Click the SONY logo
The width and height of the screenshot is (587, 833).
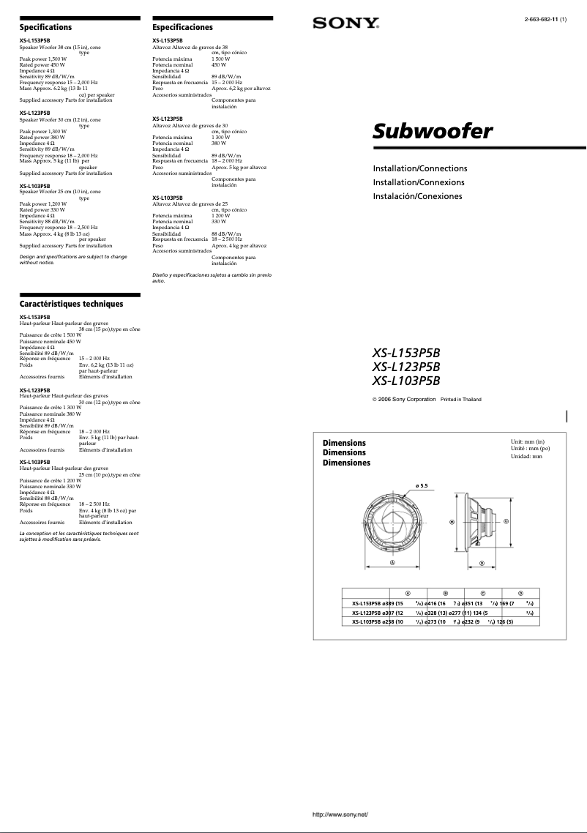tap(345, 23)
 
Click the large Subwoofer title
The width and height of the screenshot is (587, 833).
tap(433, 132)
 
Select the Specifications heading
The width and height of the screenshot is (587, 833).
tap(45, 27)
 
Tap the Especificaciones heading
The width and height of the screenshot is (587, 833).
tap(182, 27)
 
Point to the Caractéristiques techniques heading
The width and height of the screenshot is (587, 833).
tap(71, 304)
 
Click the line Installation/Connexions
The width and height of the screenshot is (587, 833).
tap(419, 182)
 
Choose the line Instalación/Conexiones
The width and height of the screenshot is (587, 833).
tap(417, 196)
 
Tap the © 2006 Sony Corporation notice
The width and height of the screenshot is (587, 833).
tap(404, 399)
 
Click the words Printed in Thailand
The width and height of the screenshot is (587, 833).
tap(460, 399)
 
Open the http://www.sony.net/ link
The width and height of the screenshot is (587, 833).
tap(340, 814)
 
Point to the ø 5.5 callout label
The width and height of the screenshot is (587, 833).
tap(421, 485)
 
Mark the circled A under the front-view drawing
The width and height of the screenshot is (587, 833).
tap(392, 563)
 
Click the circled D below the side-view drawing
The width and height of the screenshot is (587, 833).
tap(482, 563)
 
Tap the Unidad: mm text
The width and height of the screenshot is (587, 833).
tap(526, 456)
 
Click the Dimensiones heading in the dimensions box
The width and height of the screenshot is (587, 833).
tap(346, 463)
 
